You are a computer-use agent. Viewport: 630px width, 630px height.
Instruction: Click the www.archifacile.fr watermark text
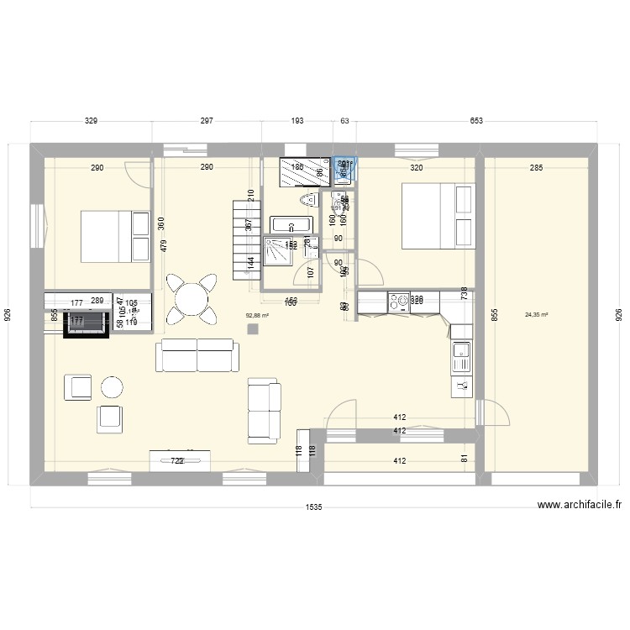pyautogui.click(x=579, y=506)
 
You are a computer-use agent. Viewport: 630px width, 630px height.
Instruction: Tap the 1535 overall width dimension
pyautogui.click(x=314, y=507)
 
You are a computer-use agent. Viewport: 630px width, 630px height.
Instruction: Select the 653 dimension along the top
pyautogui.click(x=476, y=122)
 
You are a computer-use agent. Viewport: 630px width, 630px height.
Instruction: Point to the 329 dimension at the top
pyautogui.click(x=92, y=122)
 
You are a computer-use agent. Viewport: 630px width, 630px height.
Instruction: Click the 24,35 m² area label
pyautogui.click(x=536, y=316)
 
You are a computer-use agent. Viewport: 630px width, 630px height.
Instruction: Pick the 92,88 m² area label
pyautogui.click(x=256, y=316)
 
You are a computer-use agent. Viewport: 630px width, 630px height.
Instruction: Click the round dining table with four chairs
pyautogui.click(x=192, y=298)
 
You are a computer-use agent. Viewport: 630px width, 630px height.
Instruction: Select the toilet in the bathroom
pyautogui.click(x=307, y=200)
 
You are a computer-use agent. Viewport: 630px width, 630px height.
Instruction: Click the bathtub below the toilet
pyautogui.click(x=291, y=225)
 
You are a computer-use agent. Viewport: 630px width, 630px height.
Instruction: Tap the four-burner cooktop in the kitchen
pyautogui.click(x=398, y=300)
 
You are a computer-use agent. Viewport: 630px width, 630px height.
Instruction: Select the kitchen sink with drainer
pyautogui.click(x=461, y=356)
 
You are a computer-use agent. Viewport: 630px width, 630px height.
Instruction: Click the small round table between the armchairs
pyautogui.click(x=112, y=386)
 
